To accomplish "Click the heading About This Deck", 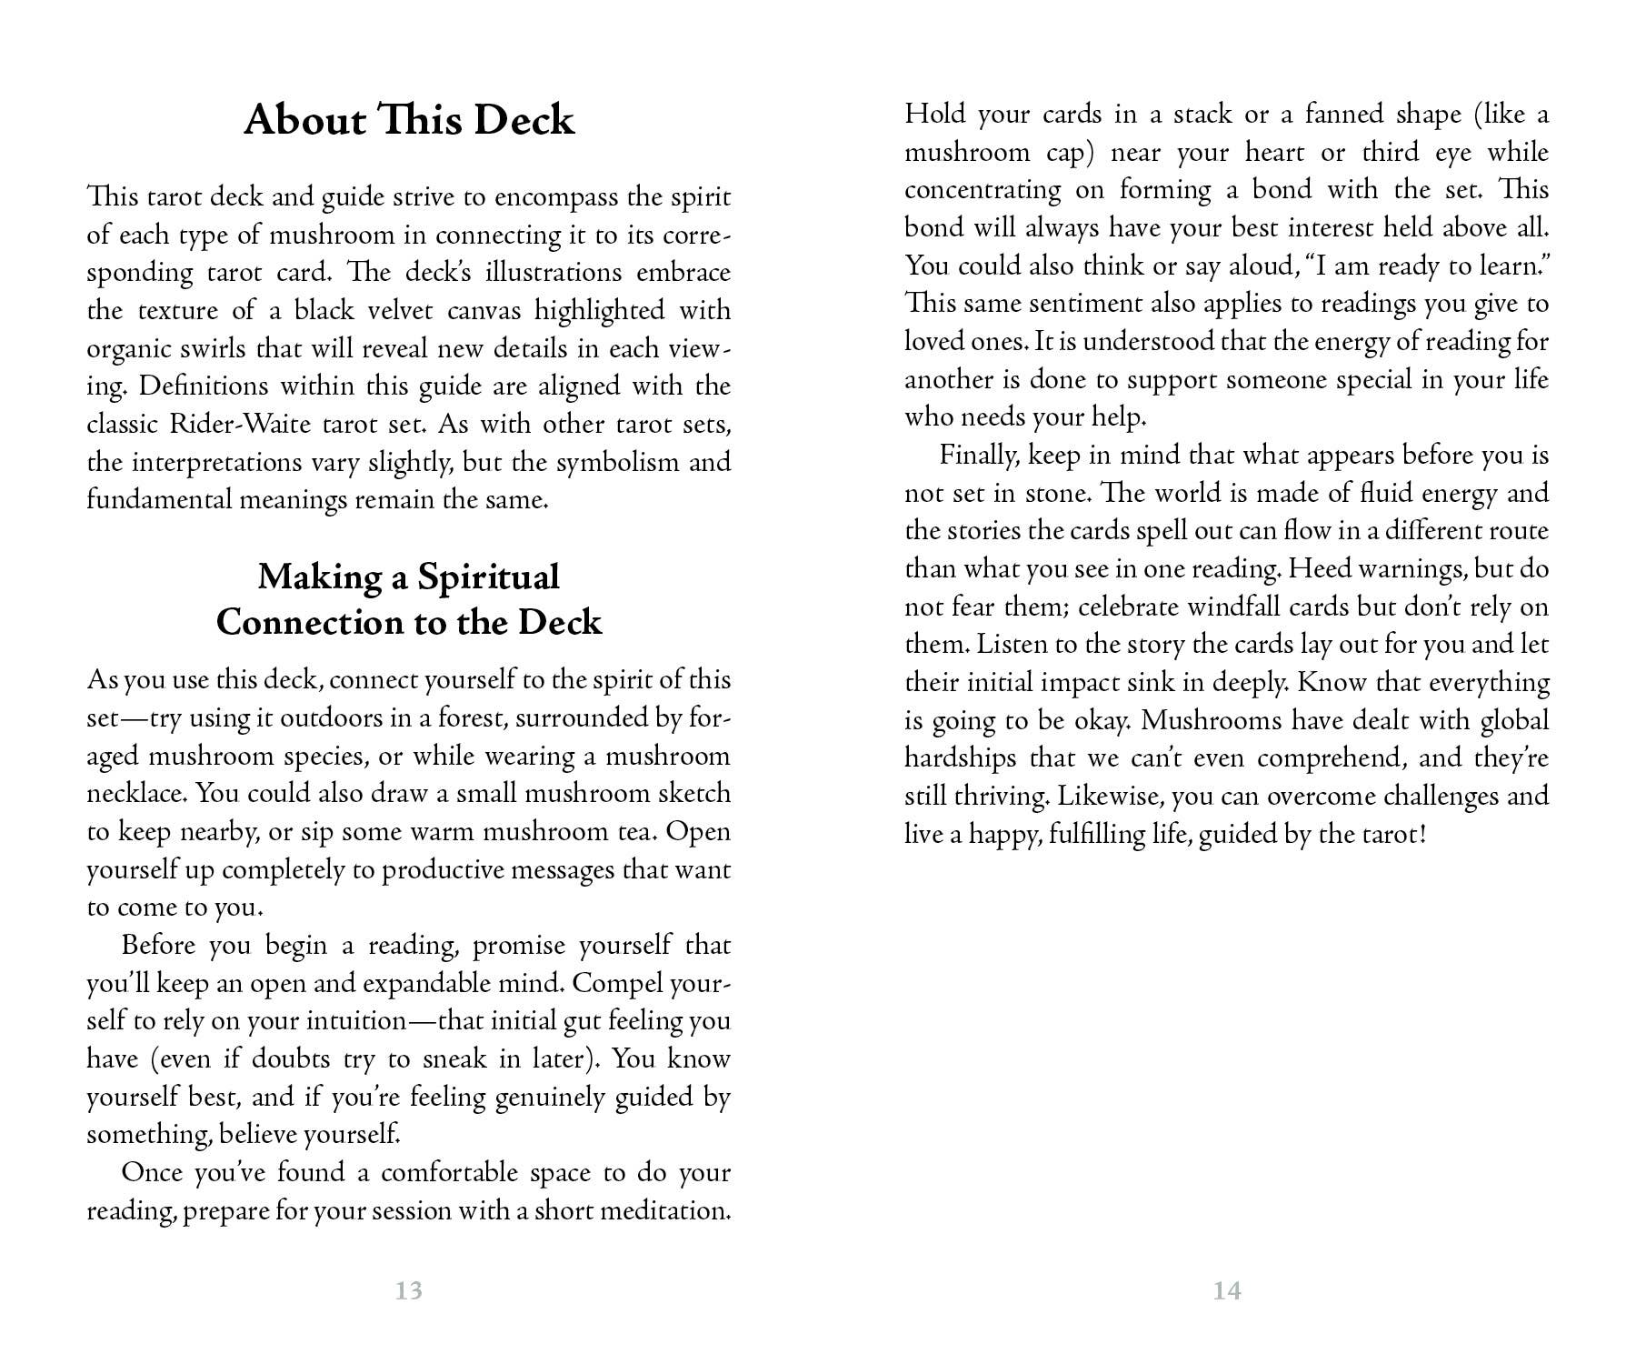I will click(x=409, y=121).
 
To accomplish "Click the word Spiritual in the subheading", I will click(x=488, y=577).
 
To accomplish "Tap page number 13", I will click(x=409, y=1290).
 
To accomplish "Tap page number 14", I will click(x=1227, y=1290).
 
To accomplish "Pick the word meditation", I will click(x=663, y=1210).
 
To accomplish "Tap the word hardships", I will click(x=959, y=757).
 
